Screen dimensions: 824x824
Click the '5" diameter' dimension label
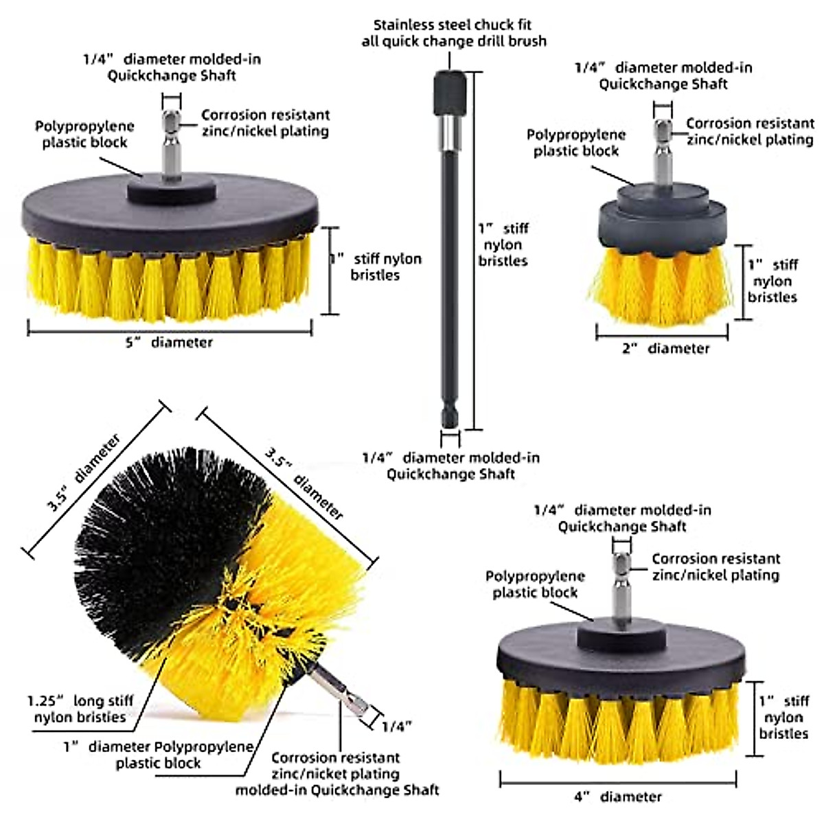(169, 342)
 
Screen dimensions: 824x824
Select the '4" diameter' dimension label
(618, 797)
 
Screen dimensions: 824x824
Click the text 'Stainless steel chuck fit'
(453, 25)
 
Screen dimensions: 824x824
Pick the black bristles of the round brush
(151, 529)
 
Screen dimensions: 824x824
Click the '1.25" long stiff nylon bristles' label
(80, 709)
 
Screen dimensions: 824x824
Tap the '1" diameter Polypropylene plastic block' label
(159, 755)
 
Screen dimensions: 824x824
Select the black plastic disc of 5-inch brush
(170, 209)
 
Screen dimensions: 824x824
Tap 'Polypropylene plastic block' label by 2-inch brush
(576, 143)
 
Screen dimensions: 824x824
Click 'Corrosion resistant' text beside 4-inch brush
(716, 559)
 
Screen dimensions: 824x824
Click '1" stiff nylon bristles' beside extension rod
(503, 244)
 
